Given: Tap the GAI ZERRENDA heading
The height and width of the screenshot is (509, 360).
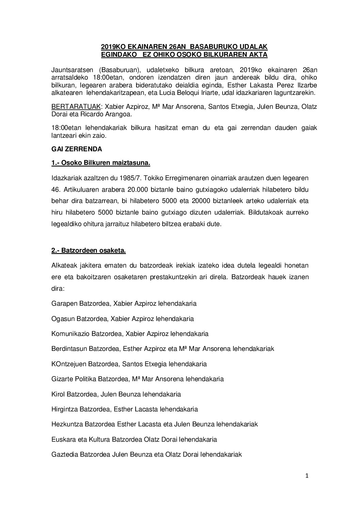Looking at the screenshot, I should tap(72, 149).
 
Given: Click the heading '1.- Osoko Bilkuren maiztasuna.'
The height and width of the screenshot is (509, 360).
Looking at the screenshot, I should tap(101, 163).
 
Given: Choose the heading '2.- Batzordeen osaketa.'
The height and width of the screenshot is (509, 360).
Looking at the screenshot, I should tap(88, 251).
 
